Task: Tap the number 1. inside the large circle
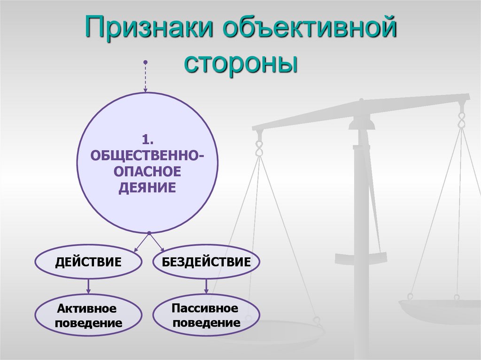[148, 139]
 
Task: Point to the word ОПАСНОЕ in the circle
[147, 171]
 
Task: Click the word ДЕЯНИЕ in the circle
[147, 188]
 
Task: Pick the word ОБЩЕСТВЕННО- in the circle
[147, 155]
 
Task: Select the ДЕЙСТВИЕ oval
[88, 261]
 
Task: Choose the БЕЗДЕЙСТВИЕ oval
[206, 261]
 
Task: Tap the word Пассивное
[205, 308]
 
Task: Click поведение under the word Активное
[88, 323]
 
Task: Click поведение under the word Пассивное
[206, 323]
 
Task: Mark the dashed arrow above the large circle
[146, 77]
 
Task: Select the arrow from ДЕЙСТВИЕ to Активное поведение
[88, 286]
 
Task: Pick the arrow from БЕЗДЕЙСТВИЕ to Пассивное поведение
[206, 286]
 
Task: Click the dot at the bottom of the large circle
[149, 233]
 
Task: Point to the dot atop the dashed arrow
[146, 62]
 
